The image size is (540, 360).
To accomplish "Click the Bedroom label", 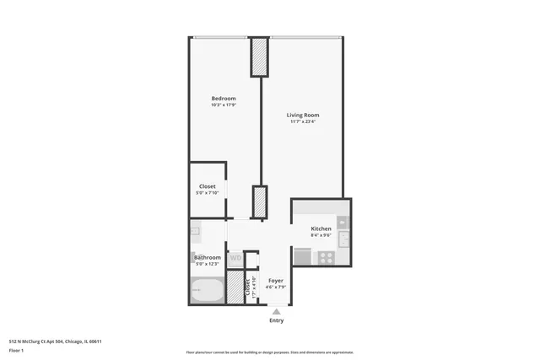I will point(223,99).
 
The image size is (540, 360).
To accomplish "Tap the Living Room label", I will point(303,115).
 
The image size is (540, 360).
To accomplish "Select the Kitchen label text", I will point(321,229).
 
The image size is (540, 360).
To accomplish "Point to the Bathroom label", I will point(208,257).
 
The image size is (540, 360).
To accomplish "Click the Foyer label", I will point(276,280).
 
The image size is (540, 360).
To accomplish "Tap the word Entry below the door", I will point(276,320).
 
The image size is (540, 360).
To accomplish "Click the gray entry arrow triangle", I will point(276,311).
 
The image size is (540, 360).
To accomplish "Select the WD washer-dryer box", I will point(235,257).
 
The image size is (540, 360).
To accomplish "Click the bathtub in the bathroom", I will point(207,292).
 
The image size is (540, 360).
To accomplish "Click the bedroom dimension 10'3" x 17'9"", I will point(223,105).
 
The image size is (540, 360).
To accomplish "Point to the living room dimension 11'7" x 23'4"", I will point(303,121).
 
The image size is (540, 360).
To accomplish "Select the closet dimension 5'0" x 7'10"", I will point(207,193).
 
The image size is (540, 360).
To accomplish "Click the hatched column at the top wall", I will point(259,56).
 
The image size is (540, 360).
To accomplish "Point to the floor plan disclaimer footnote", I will point(270,352).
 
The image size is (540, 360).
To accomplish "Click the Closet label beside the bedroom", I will point(207,186).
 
